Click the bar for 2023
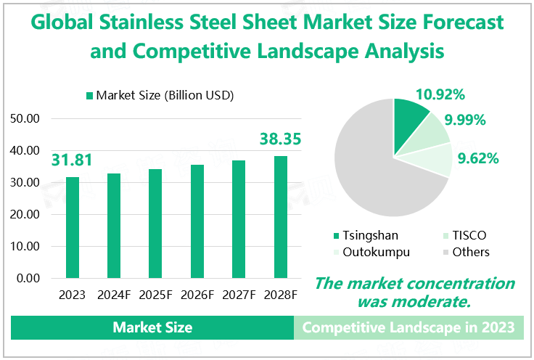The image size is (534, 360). pyautogui.click(x=73, y=227)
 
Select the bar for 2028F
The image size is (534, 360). pyautogui.click(x=281, y=217)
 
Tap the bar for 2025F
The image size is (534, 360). pyautogui.click(x=156, y=224)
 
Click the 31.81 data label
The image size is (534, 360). pyautogui.click(x=73, y=160)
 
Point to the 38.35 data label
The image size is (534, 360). pyautogui.click(x=281, y=139)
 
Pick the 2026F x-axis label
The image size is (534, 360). pyautogui.click(x=197, y=295)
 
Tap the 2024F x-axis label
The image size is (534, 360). pyautogui.click(x=114, y=295)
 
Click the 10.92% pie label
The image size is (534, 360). pyautogui.click(x=440, y=94)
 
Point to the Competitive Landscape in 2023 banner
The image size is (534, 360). pyautogui.click(x=408, y=327)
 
